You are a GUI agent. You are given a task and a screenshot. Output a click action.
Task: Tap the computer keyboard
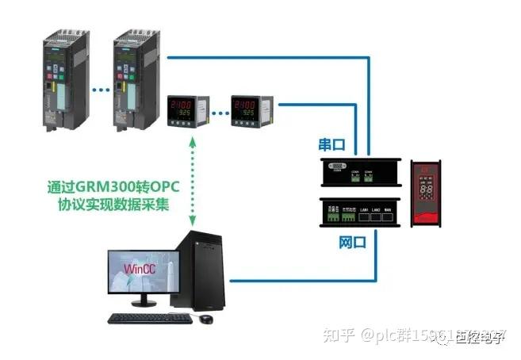click(x=148, y=319)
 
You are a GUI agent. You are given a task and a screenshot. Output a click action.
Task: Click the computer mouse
click(x=205, y=319)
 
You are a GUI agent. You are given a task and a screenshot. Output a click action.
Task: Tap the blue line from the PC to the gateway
click(x=301, y=280)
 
